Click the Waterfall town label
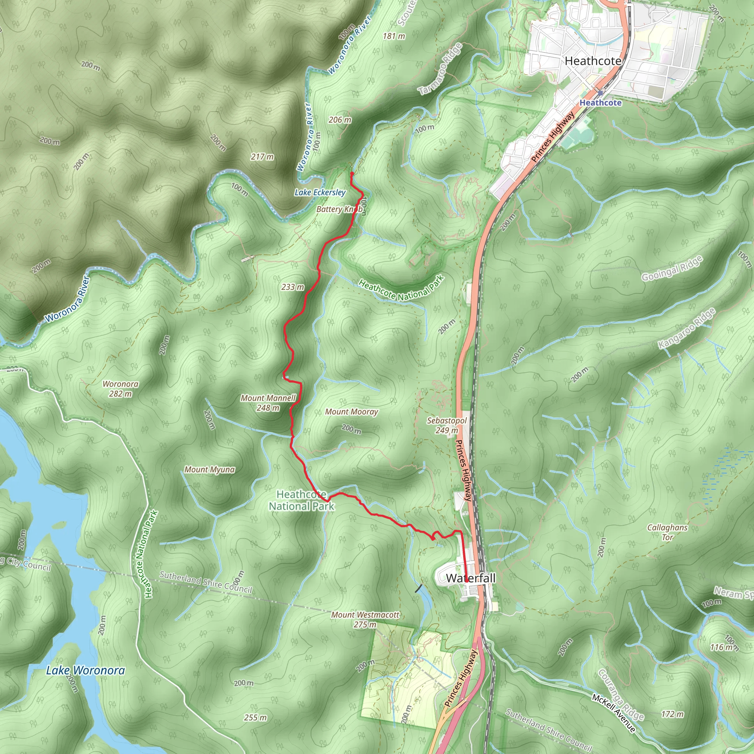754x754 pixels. pyautogui.click(x=470, y=578)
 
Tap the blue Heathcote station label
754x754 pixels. pyautogui.click(x=600, y=103)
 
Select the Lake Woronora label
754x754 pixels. pyautogui.click(x=85, y=670)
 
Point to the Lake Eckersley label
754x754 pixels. pyautogui.click(x=320, y=193)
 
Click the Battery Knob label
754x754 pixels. pyautogui.click(x=338, y=209)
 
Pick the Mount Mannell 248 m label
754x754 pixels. pyautogui.click(x=268, y=403)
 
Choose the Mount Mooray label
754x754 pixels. pyautogui.click(x=352, y=412)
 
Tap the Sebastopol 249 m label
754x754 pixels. pyautogui.click(x=447, y=425)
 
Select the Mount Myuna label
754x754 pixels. pyautogui.click(x=209, y=469)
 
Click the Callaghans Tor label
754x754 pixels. pyautogui.click(x=667, y=532)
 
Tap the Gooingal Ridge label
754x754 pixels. pyautogui.click(x=672, y=268)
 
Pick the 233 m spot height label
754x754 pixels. pyautogui.click(x=293, y=287)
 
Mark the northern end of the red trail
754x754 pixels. pyautogui.click(x=352, y=173)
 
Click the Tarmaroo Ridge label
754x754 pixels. pyautogui.click(x=440, y=69)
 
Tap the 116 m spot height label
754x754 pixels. pyautogui.click(x=722, y=648)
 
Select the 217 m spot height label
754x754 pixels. pyautogui.click(x=262, y=157)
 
